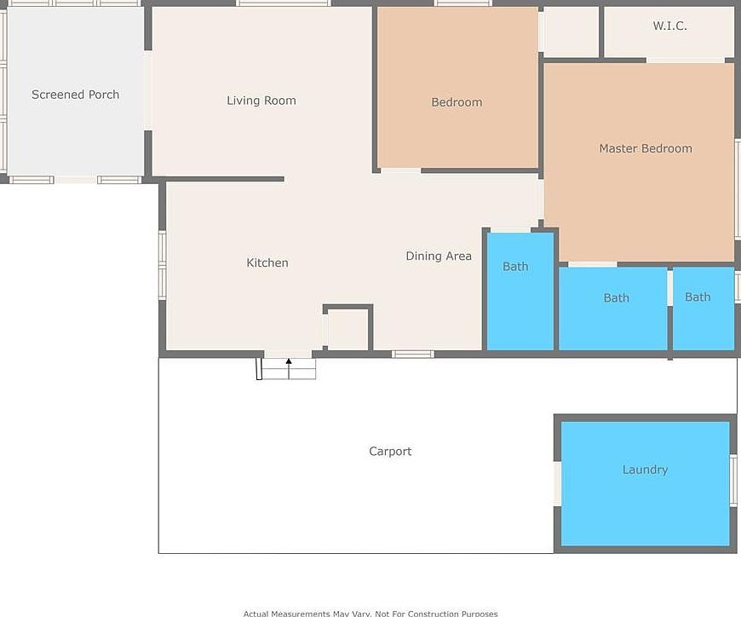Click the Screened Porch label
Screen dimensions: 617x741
click(75, 95)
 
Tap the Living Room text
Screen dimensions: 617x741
click(261, 101)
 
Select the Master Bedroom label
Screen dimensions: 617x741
click(645, 148)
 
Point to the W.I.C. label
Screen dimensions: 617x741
click(669, 26)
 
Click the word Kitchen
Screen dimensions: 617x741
click(267, 262)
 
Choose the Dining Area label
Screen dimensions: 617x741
click(438, 256)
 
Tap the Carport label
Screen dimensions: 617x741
click(390, 452)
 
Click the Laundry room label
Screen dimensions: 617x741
click(645, 470)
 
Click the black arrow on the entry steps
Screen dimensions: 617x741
click(289, 364)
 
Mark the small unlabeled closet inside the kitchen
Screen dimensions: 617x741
click(348, 330)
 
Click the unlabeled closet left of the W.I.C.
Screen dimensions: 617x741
click(571, 32)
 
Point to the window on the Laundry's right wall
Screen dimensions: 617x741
click(733, 481)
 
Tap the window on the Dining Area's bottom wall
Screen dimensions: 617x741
click(413, 354)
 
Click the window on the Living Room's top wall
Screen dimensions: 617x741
click(282, 3)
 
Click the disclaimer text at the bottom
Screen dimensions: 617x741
click(370, 613)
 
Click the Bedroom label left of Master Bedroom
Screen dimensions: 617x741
click(457, 102)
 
